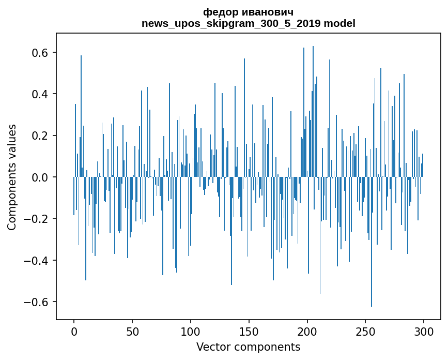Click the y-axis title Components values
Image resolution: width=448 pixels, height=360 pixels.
coord(12,177)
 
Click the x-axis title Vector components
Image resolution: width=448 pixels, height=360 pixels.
coord(248,347)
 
